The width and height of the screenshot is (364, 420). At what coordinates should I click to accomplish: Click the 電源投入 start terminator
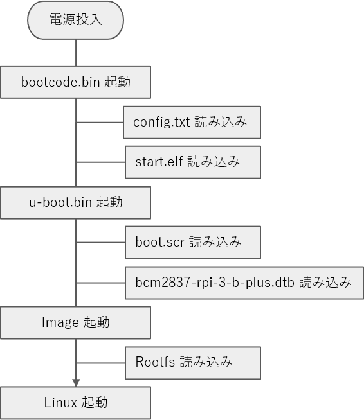[x=75, y=20]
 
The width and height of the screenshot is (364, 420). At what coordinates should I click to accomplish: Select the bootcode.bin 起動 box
[x=75, y=82]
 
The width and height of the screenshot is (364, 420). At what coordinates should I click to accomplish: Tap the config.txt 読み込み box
[x=192, y=123]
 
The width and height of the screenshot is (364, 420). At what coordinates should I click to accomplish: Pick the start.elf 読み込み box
[x=193, y=162]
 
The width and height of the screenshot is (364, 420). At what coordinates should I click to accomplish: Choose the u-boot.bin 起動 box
[x=75, y=202]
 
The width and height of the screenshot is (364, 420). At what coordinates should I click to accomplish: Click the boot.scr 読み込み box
[x=193, y=242]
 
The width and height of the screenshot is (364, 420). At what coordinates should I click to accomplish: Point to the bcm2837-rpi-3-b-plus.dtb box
[x=244, y=283]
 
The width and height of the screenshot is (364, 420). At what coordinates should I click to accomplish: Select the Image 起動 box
[x=75, y=322]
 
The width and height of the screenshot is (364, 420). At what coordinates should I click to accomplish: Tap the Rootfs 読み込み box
[x=193, y=363]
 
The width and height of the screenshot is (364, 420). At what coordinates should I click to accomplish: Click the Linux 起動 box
[x=75, y=403]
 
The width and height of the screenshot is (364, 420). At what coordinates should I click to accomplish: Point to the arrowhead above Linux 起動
[x=76, y=383]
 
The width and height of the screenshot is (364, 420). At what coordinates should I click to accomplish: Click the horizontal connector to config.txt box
[x=100, y=123]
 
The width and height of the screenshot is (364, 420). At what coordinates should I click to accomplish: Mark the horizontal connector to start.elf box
[x=100, y=162]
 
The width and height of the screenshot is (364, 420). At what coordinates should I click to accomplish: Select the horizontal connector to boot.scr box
[x=100, y=242]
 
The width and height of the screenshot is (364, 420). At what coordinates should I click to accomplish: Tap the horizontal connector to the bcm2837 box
[x=100, y=283]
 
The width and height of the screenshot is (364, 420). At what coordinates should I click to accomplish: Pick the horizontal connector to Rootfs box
[x=100, y=363]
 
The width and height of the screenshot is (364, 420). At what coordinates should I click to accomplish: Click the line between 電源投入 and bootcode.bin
[x=76, y=53]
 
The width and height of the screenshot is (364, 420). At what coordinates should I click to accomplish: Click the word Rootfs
[x=155, y=362]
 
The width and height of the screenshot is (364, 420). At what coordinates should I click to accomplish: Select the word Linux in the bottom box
[x=60, y=402]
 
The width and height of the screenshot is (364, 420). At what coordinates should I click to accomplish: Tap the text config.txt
[x=161, y=122]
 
